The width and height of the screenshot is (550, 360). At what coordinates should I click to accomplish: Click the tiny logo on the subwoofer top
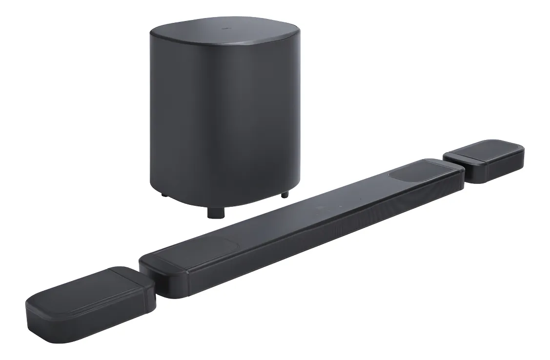pos(224,29)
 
